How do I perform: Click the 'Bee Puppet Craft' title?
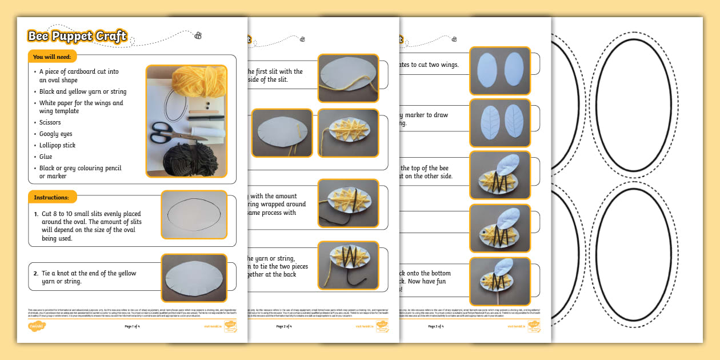tap(77, 36)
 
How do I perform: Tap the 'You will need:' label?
tap(52, 57)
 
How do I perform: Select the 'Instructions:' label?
tap(51, 197)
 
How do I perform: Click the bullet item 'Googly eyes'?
tap(56, 134)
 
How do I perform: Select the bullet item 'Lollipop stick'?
tap(58, 145)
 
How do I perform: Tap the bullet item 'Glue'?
tap(46, 157)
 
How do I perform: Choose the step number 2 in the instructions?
tap(35, 273)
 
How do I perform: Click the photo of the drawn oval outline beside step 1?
tap(194, 214)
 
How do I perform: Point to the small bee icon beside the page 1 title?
tap(198, 35)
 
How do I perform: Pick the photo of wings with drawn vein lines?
tap(500, 123)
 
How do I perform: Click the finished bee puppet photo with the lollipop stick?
tap(500, 281)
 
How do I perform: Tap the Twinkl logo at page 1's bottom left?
tap(37, 326)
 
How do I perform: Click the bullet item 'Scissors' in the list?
tap(50, 122)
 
